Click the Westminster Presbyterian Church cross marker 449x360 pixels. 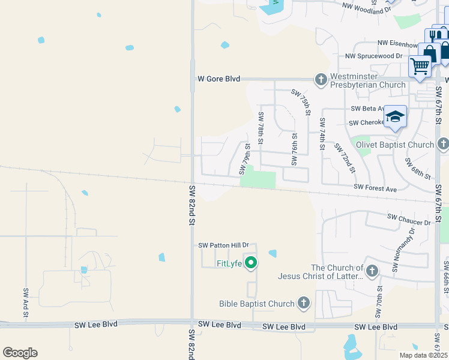(321, 79)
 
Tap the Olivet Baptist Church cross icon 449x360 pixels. (443, 144)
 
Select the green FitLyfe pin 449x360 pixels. (252, 263)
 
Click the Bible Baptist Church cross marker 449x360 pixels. (304, 303)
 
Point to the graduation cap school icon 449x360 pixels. (395, 116)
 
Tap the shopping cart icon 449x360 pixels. (420, 65)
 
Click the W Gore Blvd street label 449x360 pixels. (219, 79)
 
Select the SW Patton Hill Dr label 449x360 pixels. (223, 245)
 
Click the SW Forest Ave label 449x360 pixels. (375, 188)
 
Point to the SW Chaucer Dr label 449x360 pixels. (409, 219)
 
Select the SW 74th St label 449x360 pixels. (322, 133)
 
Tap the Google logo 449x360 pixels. (20, 352)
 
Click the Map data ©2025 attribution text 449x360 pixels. (423, 355)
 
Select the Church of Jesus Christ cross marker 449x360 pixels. (372, 271)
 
